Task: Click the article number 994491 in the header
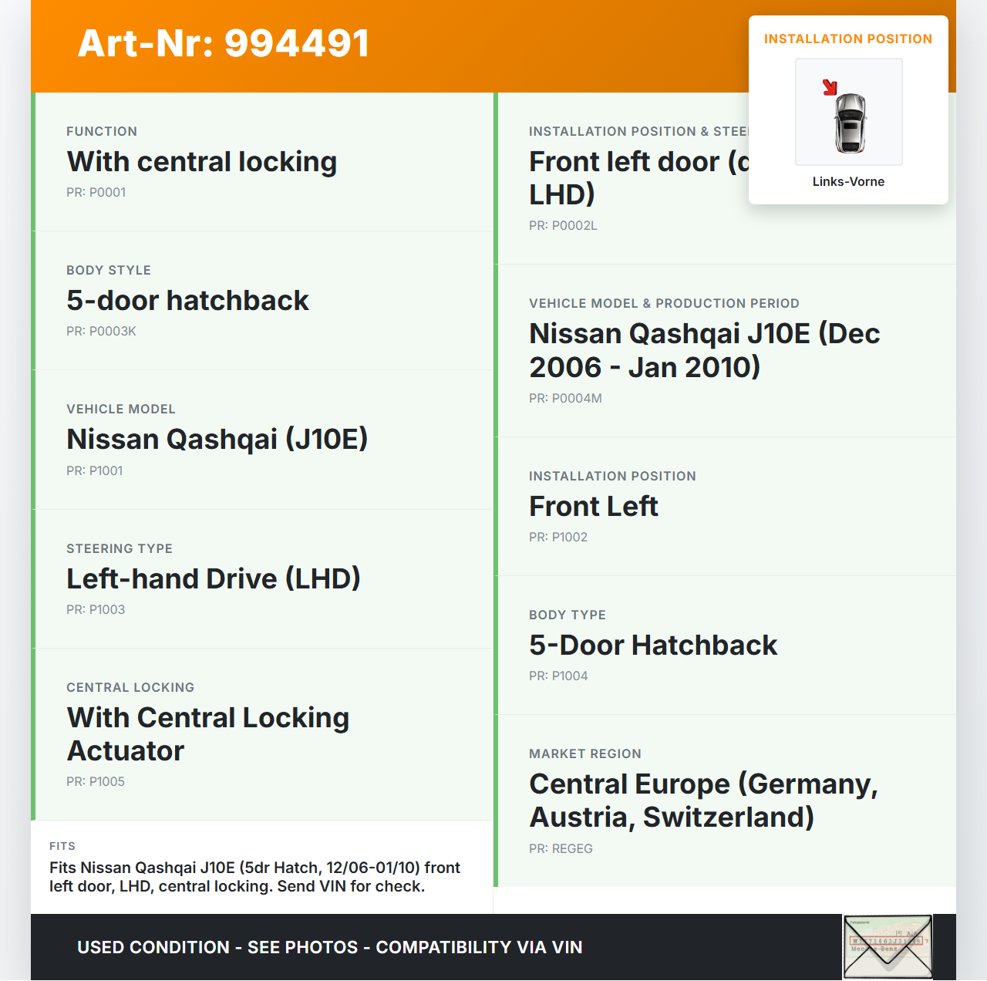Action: (297, 43)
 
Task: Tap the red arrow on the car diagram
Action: (830, 87)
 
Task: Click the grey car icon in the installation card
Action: (851, 123)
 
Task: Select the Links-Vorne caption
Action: (848, 182)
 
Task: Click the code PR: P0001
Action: (96, 193)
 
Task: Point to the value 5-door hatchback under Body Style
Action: (187, 301)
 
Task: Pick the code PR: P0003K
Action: (101, 332)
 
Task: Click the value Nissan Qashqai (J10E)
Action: (217, 440)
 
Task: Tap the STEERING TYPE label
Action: (120, 549)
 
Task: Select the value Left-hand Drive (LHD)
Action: (214, 579)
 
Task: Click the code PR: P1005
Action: (96, 782)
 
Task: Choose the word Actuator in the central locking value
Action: (126, 751)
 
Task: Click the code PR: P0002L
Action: (563, 226)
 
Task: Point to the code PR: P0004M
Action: (565, 399)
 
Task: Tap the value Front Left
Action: (593, 507)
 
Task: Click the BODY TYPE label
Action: (568, 615)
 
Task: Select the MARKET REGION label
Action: (585, 754)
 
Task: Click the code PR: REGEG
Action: (561, 849)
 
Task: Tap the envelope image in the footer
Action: (888, 946)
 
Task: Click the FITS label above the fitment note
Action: (62, 847)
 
